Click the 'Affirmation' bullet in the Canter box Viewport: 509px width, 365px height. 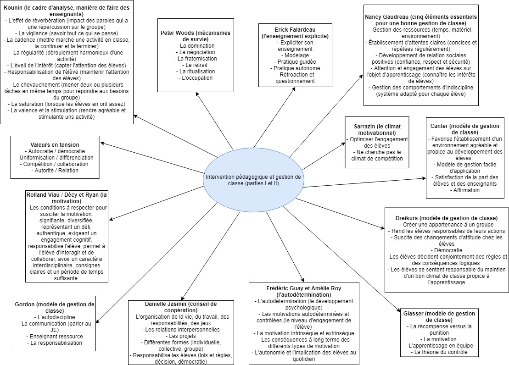point(466,190)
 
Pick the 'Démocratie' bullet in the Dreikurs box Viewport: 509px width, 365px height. point(447,250)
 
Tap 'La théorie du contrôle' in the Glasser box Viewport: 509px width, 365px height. point(440,352)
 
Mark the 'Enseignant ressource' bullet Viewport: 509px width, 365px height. point(54,336)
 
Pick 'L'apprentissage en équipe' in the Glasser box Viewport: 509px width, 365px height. point(440,346)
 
